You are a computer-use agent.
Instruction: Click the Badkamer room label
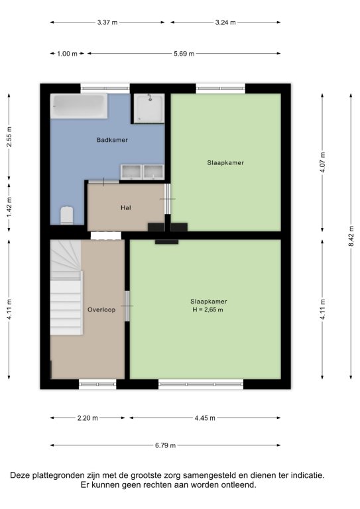tap(112, 140)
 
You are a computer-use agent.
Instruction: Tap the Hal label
tap(125, 207)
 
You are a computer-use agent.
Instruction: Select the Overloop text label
tap(101, 310)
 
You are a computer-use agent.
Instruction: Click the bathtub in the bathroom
tap(79, 106)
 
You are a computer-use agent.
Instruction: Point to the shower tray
tap(149, 109)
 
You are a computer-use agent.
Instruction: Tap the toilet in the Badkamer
tap(67, 215)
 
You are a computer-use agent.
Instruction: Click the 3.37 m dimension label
tap(107, 23)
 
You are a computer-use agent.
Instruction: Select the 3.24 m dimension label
tap(225, 23)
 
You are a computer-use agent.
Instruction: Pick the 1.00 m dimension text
tap(67, 54)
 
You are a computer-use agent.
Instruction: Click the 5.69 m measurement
tap(184, 54)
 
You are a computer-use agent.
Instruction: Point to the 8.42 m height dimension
tap(351, 236)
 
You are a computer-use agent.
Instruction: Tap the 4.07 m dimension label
tap(322, 162)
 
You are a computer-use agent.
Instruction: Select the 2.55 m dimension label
tap(9, 137)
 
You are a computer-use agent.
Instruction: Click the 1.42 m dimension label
tap(9, 207)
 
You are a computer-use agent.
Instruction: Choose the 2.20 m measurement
tap(88, 418)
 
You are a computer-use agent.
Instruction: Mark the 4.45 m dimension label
tap(205, 418)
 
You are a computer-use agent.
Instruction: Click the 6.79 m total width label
tap(165, 445)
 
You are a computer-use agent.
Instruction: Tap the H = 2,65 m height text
tap(208, 310)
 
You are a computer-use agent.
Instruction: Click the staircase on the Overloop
tap(66, 288)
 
